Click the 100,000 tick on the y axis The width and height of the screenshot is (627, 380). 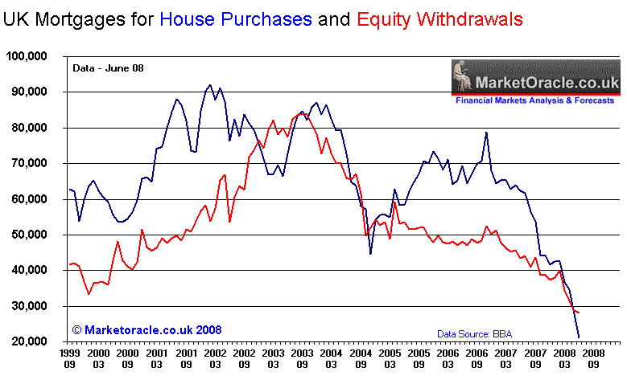26,56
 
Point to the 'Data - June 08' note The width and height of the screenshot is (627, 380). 104,68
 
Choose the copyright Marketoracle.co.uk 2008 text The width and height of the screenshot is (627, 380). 146,330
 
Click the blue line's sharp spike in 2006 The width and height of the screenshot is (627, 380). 486,133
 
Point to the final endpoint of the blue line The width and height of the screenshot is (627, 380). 579,337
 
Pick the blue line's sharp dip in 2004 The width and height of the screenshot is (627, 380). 371,254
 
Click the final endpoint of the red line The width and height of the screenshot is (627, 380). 579,313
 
